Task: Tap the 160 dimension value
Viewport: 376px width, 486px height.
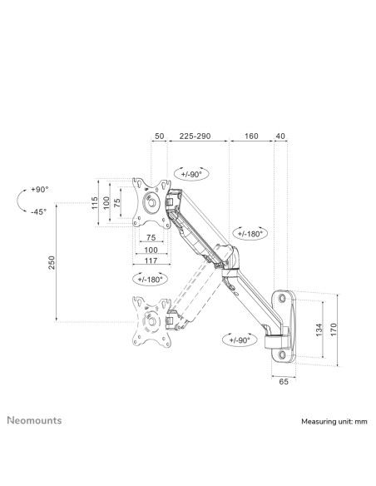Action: point(250,135)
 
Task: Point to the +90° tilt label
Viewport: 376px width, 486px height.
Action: point(40,190)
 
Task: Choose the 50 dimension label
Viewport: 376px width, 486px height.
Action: point(159,135)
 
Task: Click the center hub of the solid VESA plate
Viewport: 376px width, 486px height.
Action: point(151,203)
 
